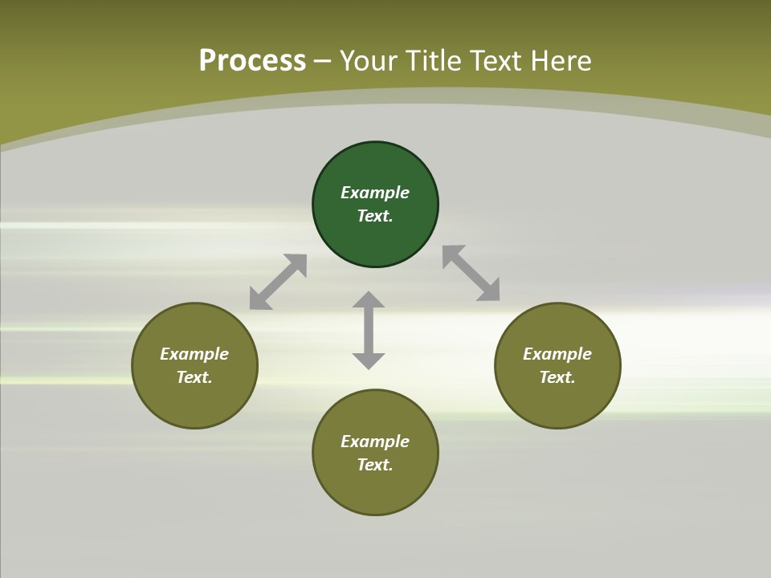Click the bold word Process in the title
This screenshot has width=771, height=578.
[x=252, y=61]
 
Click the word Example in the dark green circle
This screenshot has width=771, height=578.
[x=375, y=193]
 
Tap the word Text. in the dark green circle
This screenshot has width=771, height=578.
[x=375, y=216]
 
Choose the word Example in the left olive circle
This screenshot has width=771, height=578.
[x=194, y=354]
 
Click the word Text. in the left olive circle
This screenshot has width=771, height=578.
[x=194, y=377]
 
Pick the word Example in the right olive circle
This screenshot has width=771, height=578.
[x=557, y=354]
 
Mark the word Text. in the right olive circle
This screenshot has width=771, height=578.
[x=557, y=377]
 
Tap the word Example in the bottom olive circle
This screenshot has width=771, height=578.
[x=375, y=442]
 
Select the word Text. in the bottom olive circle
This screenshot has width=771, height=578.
[x=375, y=465]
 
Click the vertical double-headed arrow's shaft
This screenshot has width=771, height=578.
[x=369, y=330]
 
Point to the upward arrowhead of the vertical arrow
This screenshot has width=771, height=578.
[x=369, y=299]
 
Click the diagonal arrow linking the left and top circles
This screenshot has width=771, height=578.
[x=278, y=282]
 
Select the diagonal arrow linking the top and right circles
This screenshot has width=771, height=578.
[x=471, y=273]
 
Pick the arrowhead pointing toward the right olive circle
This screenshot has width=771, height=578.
[x=489, y=291]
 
